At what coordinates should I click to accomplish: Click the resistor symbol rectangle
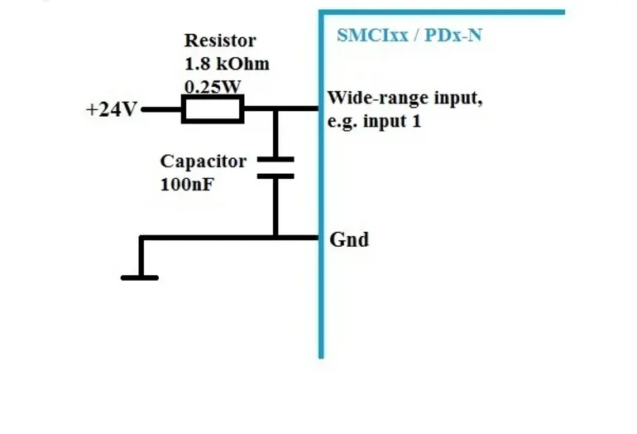213,108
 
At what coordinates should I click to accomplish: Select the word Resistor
219,40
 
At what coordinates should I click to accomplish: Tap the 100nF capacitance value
187,184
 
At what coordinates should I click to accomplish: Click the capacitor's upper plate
275,157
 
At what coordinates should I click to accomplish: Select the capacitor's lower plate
275,175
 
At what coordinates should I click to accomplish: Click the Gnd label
349,240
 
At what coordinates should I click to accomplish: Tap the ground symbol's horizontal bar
140,277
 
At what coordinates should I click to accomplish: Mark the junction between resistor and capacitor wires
275,108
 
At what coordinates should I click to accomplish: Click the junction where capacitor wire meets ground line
275,238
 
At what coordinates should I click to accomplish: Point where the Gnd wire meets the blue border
320,238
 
